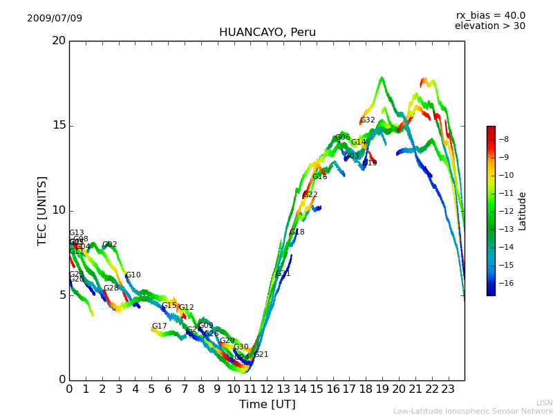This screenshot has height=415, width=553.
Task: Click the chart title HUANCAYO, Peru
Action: click(x=268, y=33)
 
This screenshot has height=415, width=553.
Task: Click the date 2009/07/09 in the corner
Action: click(x=55, y=18)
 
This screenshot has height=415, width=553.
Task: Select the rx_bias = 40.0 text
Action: click(x=490, y=15)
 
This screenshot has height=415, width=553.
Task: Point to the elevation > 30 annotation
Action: click(x=489, y=26)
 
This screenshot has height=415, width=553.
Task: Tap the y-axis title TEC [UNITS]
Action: click(x=42, y=210)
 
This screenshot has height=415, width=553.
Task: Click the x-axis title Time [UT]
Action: click(x=267, y=405)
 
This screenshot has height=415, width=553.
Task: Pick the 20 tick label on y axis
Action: click(x=59, y=41)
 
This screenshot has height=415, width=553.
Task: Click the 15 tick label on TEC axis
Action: click(x=59, y=125)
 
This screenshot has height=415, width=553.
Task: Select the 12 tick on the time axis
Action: click(x=267, y=389)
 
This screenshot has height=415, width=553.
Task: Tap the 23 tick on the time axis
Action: click(x=448, y=389)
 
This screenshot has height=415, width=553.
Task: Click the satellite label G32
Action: click(x=367, y=120)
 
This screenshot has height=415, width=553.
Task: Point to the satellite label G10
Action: click(x=133, y=275)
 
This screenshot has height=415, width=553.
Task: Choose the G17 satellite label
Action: click(x=159, y=326)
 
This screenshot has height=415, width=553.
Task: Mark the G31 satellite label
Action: click(x=283, y=274)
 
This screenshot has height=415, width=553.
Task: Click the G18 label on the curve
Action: click(x=297, y=232)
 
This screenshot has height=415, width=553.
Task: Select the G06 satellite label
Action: click(x=342, y=138)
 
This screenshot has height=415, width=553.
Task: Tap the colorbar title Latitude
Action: click(x=523, y=211)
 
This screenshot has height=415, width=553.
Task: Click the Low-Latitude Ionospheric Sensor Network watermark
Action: click(x=473, y=411)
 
